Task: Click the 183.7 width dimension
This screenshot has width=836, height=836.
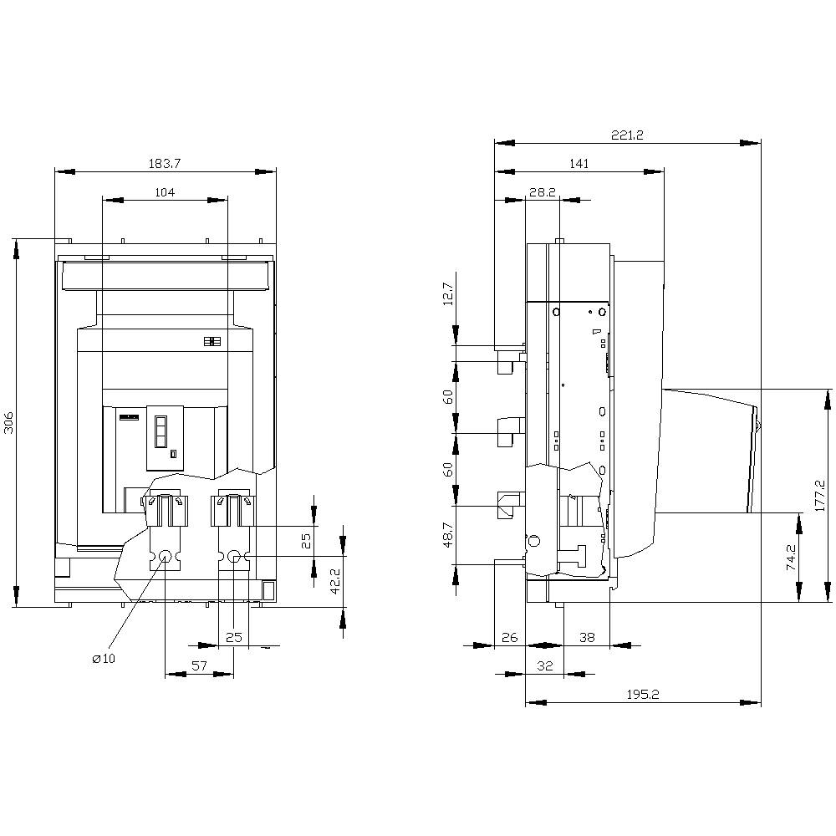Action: pos(165,163)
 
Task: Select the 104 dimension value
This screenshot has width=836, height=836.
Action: pos(165,192)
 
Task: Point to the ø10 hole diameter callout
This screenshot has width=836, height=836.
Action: pos(104,659)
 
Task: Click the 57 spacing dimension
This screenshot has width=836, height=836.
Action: pos(199,665)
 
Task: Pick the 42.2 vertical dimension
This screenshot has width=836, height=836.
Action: pos(333,582)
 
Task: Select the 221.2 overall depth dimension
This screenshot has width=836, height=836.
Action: pos(627,135)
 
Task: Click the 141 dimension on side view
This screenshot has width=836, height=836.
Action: pos(579,164)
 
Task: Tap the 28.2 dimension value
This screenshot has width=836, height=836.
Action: pos(542,192)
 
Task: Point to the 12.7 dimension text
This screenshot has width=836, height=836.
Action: pos(447,293)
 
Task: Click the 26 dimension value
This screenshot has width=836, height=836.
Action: pos(509,637)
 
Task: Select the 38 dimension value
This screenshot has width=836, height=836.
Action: pos(587,637)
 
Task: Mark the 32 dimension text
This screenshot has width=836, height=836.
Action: pos(544,665)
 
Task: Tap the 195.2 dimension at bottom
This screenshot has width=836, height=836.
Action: pos(643,695)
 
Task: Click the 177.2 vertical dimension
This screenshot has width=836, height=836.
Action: pos(819,495)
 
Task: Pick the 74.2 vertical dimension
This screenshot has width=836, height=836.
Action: pos(791,558)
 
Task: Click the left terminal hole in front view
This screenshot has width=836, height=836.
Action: pos(165,556)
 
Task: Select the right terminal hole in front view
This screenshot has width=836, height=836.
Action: pos(234,556)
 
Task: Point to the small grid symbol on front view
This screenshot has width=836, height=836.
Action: pos(211,342)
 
